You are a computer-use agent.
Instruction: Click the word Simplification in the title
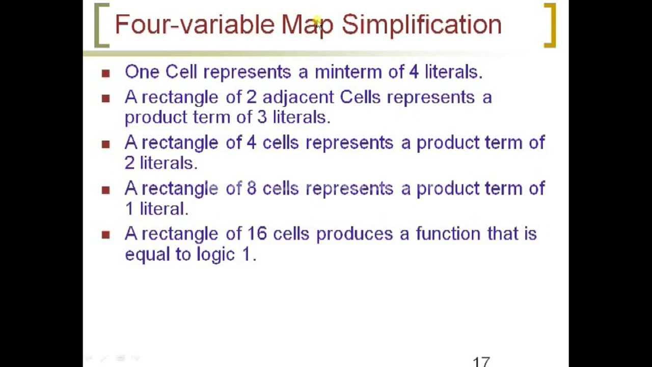pyautogui.click(x=421, y=24)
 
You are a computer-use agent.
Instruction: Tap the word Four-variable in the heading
pyautogui.click(x=194, y=24)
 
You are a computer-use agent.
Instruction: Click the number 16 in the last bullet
pyautogui.click(x=257, y=234)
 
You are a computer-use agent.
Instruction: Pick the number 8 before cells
pyautogui.click(x=252, y=188)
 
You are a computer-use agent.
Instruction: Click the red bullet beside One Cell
pyautogui.click(x=106, y=73)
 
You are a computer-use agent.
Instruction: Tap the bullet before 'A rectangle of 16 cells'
pyautogui.click(x=106, y=235)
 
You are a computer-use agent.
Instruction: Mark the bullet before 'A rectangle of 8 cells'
pyautogui.click(x=106, y=190)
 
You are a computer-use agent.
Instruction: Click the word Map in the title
pyautogui.click(x=307, y=24)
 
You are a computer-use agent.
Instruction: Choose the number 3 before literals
pyautogui.click(x=262, y=117)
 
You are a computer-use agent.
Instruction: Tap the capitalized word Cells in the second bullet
pyautogui.click(x=360, y=97)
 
